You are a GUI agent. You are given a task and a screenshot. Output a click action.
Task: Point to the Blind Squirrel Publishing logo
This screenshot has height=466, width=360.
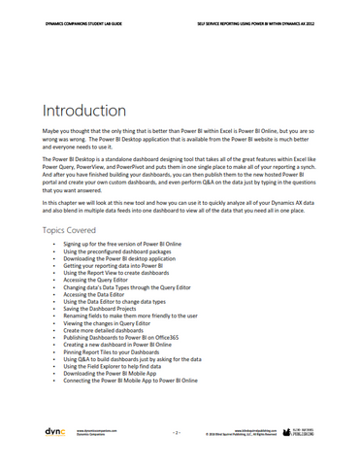[x=303, y=428]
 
